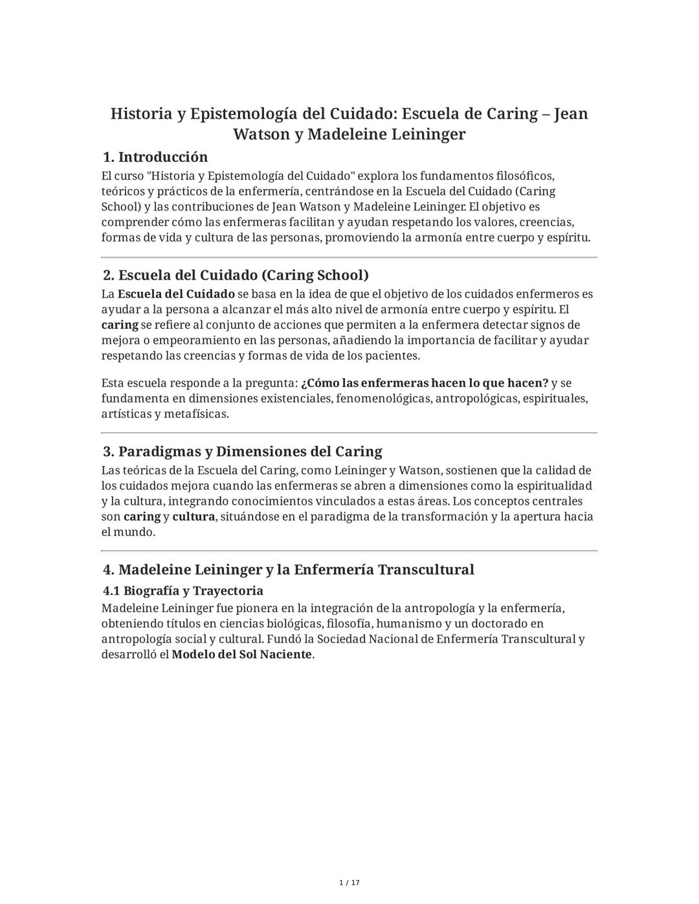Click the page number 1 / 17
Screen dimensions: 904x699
pos(349,883)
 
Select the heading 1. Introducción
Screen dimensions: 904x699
pos(155,157)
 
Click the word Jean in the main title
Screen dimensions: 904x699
pos(571,114)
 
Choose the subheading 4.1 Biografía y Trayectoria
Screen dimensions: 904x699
pos(183,591)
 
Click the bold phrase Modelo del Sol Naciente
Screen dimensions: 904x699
pos(241,654)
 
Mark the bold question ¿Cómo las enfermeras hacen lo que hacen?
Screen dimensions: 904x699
pos(425,383)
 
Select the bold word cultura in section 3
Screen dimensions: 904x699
pos(194,517)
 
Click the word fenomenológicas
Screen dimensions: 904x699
pos(384,399)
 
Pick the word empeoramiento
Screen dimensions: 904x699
pos(168,340)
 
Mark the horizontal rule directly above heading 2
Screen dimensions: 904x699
pos(349,258)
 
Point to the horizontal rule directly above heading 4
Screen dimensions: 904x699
pos(349,551)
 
